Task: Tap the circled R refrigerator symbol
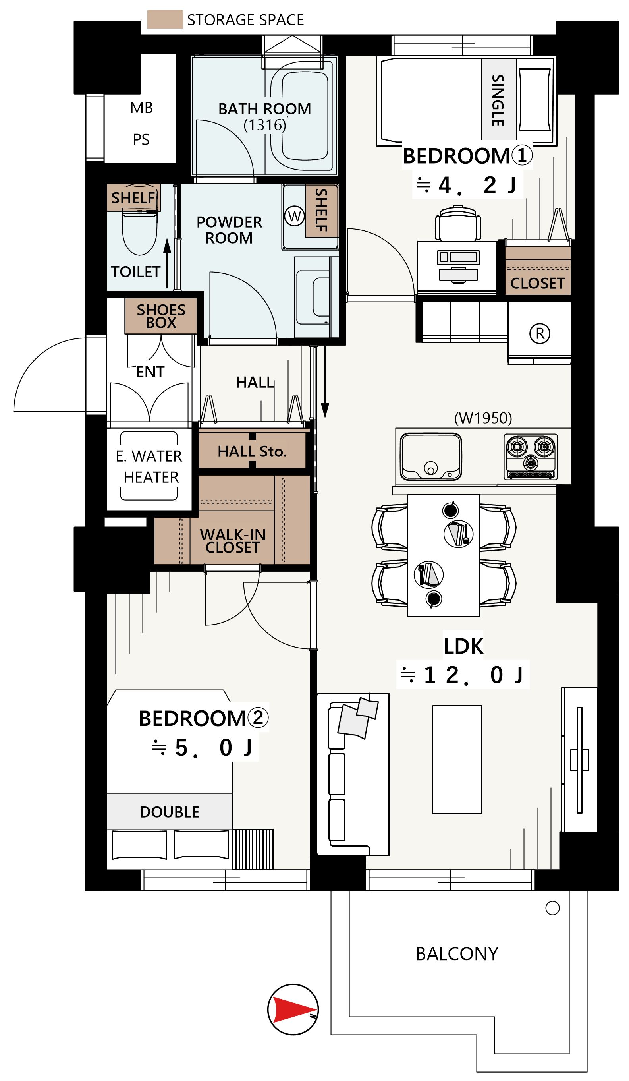pos(539,333)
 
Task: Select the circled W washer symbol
pos(294,216)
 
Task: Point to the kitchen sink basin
pos(430,456)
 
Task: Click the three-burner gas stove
pos(531,456)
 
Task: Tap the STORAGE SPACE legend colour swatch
pos(165,19)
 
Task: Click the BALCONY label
pos(457,953)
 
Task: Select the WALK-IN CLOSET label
pos(232,541)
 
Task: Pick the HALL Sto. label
pos(252,451)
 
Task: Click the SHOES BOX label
pos(161,316)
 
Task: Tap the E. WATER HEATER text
pos(149,466)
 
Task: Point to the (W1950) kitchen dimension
pos(483,418)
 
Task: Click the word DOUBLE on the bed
pos(170,812)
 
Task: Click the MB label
pos(141,108)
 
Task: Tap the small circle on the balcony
pos(552,908)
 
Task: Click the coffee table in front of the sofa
pos(457,759)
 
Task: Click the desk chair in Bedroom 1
pos(458,223)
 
